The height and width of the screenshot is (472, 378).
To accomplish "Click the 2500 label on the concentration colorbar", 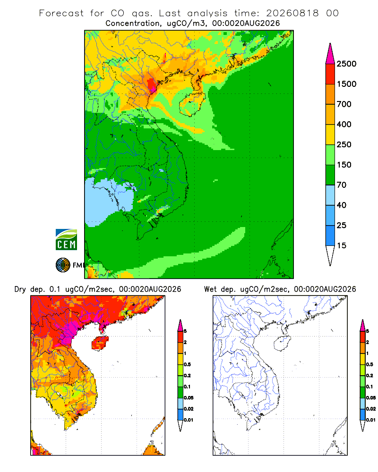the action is (346, 64).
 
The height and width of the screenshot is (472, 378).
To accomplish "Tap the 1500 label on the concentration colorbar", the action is (346, 84).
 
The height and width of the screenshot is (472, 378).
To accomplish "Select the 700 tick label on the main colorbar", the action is (344, 104).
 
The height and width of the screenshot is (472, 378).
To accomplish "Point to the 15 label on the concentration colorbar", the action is (342, 245).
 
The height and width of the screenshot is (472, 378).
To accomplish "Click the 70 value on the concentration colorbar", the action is (342, 185).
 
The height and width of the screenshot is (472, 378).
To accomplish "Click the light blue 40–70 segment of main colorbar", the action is (330, 195).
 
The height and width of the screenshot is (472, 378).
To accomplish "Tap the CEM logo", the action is (66, 239).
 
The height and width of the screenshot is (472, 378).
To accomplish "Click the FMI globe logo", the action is (63, 265).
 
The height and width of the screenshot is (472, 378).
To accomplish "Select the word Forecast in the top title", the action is (61, 13).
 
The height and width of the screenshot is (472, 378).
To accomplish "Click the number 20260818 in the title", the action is (292, 13).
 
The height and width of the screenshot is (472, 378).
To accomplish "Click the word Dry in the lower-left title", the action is (20, 289).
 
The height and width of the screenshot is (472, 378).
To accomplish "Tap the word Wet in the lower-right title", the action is (210, 289).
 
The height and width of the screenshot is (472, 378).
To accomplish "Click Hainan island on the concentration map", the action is (192, 104).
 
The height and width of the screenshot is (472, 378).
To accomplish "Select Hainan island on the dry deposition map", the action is (100, 343).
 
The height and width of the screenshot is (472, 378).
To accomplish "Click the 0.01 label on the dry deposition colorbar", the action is (189, 420).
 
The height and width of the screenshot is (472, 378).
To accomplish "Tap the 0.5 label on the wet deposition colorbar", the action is (369, 364).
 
